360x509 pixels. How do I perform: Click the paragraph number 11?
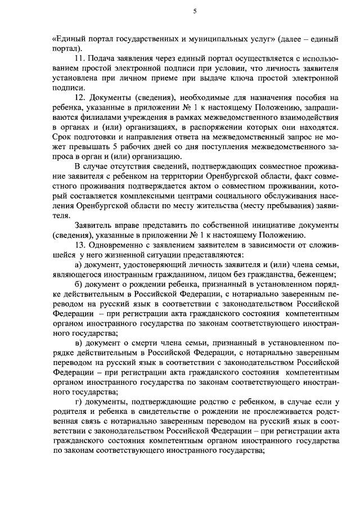[79, 58]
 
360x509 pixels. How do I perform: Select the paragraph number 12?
[79, 97]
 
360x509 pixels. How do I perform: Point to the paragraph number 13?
[79, 245]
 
